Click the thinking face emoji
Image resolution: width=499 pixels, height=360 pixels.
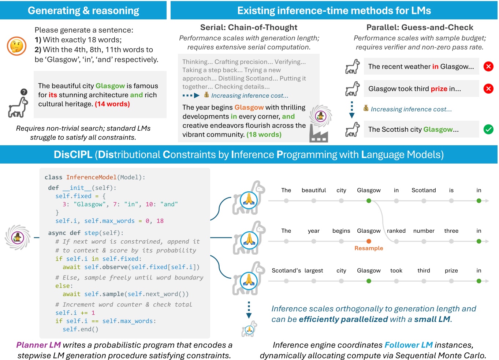16,46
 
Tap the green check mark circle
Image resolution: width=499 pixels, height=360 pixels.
488,129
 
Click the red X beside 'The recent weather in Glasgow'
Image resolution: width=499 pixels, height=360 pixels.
488,66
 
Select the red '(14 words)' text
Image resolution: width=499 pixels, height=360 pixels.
112,104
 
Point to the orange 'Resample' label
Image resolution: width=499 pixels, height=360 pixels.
369,248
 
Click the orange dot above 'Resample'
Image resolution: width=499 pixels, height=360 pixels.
369,241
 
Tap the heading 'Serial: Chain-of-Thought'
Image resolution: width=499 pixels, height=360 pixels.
249,27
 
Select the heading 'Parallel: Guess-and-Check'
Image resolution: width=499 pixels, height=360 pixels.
420,27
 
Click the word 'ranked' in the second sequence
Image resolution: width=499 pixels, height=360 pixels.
396,231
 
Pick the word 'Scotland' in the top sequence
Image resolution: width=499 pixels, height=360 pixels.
424,190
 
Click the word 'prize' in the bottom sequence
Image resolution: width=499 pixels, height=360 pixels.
451,270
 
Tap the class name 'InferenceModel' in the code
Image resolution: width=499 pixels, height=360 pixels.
91,177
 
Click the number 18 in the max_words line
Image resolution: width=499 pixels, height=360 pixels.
160,221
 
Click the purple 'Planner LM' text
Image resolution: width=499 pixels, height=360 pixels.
38,345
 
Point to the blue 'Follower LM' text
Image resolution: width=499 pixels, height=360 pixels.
408,345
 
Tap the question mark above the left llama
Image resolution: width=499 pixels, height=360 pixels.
24,92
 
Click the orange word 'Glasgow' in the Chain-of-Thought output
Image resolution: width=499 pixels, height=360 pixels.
249,107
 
